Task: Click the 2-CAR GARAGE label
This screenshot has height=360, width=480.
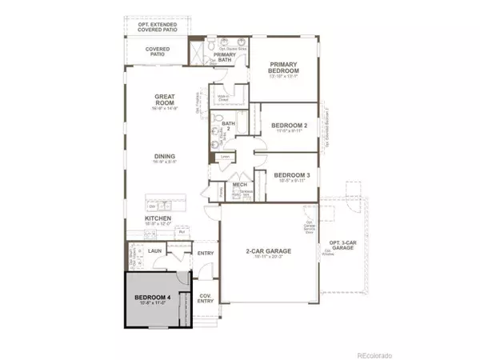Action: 268,251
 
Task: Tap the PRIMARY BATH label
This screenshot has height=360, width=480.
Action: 225,56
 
